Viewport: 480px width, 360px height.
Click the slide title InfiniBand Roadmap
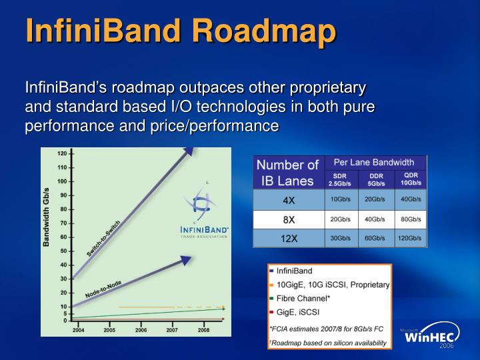[180, 31]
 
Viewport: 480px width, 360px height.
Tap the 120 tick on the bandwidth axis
[61, 153]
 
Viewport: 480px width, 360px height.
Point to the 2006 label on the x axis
[141, 330]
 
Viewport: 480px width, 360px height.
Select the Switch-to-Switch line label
[104, 238]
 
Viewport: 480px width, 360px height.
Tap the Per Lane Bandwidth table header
[375, 162]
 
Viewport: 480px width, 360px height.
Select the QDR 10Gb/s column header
[411, 179]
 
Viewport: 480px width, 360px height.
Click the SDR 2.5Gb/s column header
[341, 179]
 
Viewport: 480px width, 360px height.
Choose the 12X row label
[289, 238]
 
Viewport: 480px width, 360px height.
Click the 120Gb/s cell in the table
[410, 238]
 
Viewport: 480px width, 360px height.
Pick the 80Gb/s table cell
[410, 219]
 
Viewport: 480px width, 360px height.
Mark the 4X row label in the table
[289, 199]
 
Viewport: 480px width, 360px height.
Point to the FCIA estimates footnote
[325, 329]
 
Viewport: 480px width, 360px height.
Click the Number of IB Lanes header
[288, 172]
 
